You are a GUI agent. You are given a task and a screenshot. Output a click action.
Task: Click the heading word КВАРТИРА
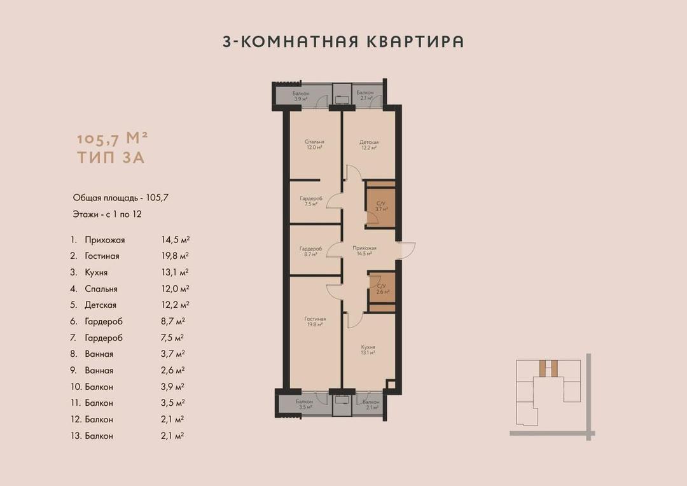coord(414,41)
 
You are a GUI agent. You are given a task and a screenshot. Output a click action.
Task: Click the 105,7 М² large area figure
coord(112,139)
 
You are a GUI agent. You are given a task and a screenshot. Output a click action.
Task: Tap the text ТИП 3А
coord(111,157)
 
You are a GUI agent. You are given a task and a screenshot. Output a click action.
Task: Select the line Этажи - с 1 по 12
coord(108,214)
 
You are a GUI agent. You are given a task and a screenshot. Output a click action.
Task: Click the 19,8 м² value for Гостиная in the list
coord(175,256)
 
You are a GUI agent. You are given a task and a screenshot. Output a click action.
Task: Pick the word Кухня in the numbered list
coord(96,273)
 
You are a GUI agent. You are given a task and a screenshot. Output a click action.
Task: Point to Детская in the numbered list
coord(101,305)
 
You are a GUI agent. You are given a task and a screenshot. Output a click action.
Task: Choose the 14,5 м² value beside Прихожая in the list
coord(176,240)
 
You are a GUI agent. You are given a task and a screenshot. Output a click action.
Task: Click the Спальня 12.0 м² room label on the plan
coord(315,144)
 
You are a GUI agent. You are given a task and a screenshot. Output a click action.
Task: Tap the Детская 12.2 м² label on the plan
coord(369,145)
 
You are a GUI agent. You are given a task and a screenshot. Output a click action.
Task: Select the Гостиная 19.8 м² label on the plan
coord(315,322)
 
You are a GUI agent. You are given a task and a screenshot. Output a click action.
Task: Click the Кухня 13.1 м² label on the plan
coord(368,349)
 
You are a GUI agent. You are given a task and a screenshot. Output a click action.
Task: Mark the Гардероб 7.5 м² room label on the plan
coord(311,201)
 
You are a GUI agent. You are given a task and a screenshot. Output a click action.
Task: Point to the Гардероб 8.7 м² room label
coord(310,251)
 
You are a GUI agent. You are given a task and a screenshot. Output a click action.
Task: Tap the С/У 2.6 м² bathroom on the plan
coord(382,289)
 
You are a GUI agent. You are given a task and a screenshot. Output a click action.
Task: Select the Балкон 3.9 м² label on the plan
coord(300,96)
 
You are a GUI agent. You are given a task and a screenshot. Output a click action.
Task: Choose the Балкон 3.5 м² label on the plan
coord(304,404)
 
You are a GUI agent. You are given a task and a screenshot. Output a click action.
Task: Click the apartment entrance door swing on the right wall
coord(407,251)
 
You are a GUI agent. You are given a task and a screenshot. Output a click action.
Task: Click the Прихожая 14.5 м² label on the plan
coord(364,251)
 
